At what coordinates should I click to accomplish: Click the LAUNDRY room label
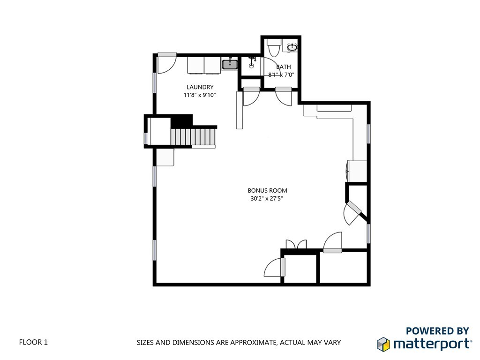(200, 87)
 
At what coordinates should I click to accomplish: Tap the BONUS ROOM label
(267, 190)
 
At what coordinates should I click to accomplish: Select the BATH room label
(283, 67)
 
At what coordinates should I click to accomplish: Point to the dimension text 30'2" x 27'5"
(267, 198)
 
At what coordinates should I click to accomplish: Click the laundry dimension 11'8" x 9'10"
(200, 95)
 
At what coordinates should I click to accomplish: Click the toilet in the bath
(273, 47)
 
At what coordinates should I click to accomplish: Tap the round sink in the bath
(292, 47)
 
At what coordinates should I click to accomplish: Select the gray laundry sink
(229, 64)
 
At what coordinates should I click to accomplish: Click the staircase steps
(193, 137)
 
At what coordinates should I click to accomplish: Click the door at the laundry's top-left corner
(165, 63)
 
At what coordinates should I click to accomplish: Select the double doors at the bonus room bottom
(296, 245)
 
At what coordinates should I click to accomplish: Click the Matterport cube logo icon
(383, 344)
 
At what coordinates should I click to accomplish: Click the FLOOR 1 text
(33, 342)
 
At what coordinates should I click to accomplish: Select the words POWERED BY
(437, 331)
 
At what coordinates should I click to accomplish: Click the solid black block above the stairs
(181, 120)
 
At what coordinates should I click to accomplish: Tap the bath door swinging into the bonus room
(284, 95)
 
